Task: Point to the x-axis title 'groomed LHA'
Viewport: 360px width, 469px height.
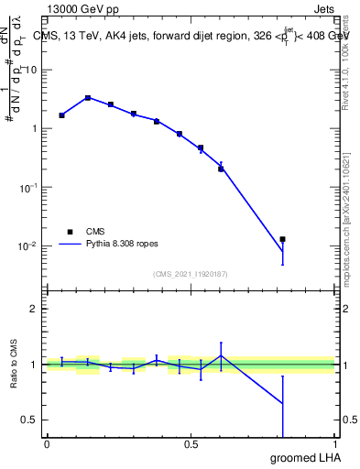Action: point(304,456)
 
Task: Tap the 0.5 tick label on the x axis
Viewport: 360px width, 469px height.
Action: point(191,444)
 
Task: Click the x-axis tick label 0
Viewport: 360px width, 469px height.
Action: point(47,444)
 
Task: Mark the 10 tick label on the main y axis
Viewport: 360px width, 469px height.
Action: point(31,70)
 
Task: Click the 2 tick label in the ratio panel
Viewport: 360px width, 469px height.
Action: point(34,309)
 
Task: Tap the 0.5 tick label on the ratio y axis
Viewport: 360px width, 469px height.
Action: point(30,420)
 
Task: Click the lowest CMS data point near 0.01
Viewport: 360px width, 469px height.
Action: point(283,239)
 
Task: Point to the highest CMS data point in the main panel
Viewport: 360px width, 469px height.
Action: point(88,98)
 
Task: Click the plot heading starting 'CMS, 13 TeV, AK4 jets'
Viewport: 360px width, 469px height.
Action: point(191,36)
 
